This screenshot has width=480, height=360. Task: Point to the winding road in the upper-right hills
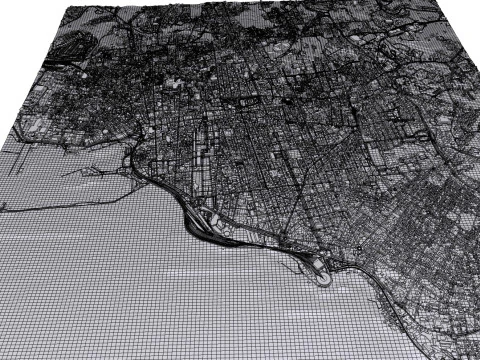coord(400,60)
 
